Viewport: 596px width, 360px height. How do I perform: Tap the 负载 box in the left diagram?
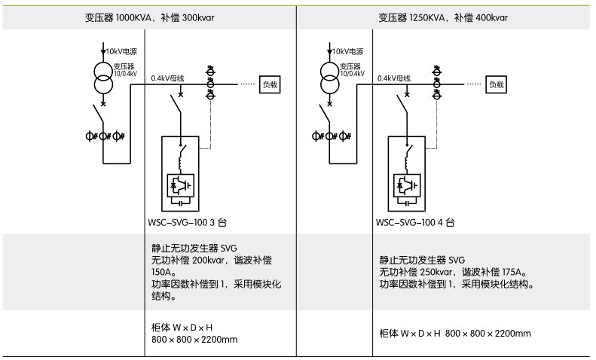tap(270, 84)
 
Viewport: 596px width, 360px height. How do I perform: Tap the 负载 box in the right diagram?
tap(495, 84)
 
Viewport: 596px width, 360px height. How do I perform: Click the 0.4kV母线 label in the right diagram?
tap(394, 78)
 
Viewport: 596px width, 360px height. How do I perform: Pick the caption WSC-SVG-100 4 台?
tap(415, 223)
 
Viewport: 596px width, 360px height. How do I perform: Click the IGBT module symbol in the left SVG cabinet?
tap(181, 183)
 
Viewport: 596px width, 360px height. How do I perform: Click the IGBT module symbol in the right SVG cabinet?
tap(406, 183)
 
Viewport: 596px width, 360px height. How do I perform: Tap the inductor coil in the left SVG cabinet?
tap(181, 160)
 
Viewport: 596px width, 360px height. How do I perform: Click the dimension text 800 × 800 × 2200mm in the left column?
tap(195, 339)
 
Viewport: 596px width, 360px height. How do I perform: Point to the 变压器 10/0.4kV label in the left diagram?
tap(127, 69)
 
